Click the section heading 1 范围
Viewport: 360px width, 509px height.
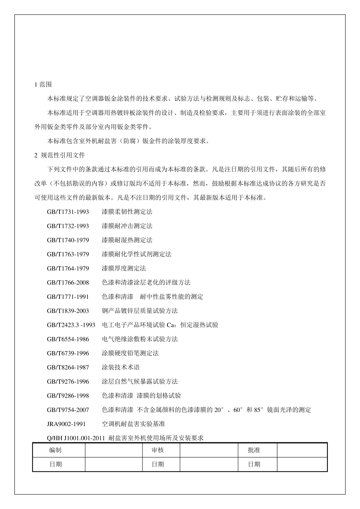43,84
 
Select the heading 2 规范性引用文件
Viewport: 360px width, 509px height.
59,155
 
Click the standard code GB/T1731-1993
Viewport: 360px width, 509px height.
68,212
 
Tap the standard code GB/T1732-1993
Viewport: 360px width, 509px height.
68,226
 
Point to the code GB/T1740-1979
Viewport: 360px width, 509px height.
68,240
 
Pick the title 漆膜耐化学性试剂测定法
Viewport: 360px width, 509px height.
136,254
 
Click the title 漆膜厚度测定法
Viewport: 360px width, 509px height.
124,269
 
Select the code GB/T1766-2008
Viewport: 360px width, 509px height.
68,283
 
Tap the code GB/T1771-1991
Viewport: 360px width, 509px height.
68,297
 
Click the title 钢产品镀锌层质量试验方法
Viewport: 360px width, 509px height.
139,311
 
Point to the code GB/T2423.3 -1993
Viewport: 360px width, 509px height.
71,325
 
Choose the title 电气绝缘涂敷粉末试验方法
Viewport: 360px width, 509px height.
139,339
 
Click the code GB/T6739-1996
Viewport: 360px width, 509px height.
68,353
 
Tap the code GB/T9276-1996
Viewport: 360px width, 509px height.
68,381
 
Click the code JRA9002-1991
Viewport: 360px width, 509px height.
66,424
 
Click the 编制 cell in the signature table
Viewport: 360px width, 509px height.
55,450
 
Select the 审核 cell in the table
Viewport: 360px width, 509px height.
158,450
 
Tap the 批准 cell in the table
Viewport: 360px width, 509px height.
254,450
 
